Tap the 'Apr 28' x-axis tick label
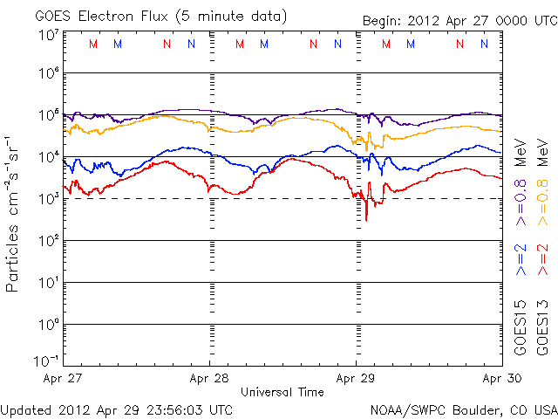click(209, 379)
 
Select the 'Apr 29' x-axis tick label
click(356, 379)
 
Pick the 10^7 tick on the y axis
click(48, 34)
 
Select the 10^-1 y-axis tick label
click(48, 360)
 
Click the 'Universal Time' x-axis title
click(282, 392)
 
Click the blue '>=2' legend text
click(521, 260)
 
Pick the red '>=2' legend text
click(543, 260)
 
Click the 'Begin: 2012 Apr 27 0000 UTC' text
click(457, 20)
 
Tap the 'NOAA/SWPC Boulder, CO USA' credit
click(462, 409)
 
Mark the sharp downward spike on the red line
click(366, 218)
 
